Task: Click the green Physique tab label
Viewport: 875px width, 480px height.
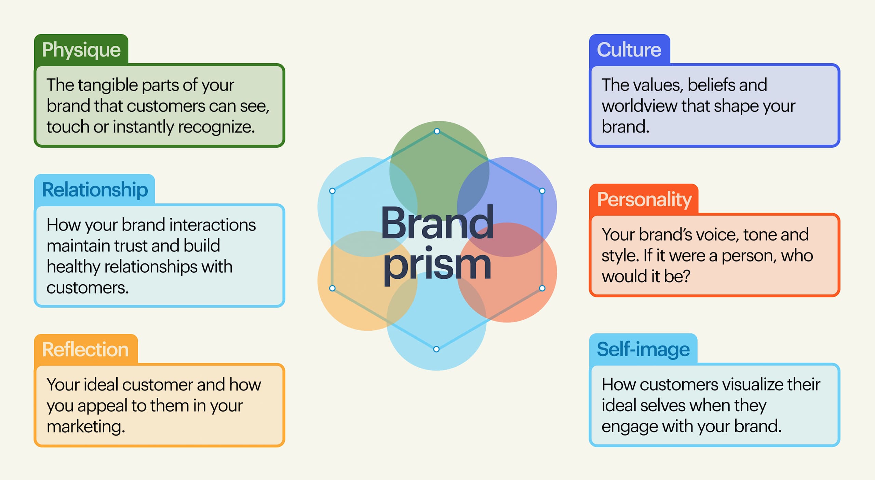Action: [x=81, y=50]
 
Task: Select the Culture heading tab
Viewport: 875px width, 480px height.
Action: [x=629, y=50]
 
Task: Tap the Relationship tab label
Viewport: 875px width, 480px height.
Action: [x=95, y=190]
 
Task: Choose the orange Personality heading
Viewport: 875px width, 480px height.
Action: [x=644, y=199]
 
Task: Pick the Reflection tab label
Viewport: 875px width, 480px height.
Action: [x=85, y=349]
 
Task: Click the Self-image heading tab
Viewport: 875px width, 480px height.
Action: [x=643, y=349]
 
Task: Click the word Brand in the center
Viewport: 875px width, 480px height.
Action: [x=437, y=224]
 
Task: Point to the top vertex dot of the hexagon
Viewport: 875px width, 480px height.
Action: [x=437, y=131]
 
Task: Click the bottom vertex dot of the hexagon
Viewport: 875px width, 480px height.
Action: [x=436, y=349]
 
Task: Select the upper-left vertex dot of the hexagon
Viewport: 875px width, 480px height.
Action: [x=332, y=191]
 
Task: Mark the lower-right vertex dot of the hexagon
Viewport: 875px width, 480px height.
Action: [x=542, y=288]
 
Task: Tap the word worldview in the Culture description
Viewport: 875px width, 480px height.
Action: [x=639, y=106]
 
